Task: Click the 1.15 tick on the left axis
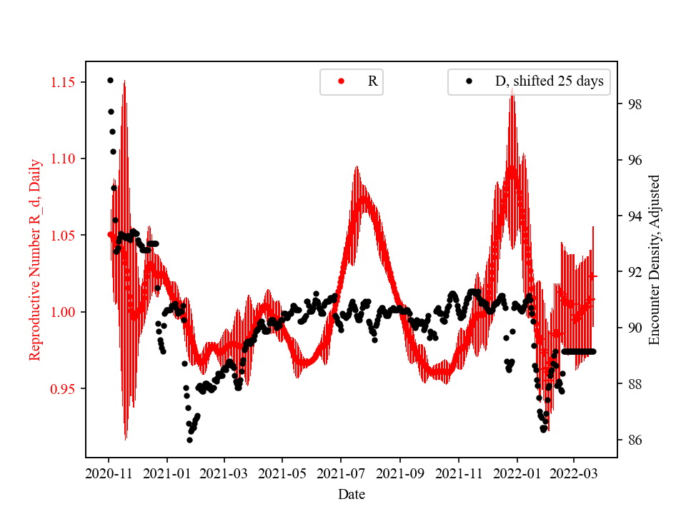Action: pyautogui.click(x=64, y=82)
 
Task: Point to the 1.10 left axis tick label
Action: pyautogui.click(x=64, y=158)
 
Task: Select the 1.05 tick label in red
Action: pyautogui.click(x=64, y=236)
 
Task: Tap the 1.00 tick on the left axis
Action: pyautogui.click(x=64, y=312)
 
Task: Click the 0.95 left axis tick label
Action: pyautogui.click(x=64, y=389)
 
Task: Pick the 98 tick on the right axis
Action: pyautogui.click(x=633, y=104)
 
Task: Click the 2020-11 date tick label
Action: pyautogui.click(x=109, y=473)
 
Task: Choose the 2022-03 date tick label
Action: pyautogui.click(x=573, y=473)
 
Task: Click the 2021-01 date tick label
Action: pyautogui.click(x=167, y=473)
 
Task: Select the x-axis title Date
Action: pyautogui.click(x=352, y=494)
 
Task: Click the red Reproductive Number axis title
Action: pyautogui.click(x=35, y=259)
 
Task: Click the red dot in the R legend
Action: pyautogui.click(x=342, y=81)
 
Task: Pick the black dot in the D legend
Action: pyautogui.click(x=469, y=81)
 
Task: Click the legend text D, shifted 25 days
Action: pyautogui.click(x=549, y=81)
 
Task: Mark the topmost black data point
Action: pyautogui.click(x=110, y=80)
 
